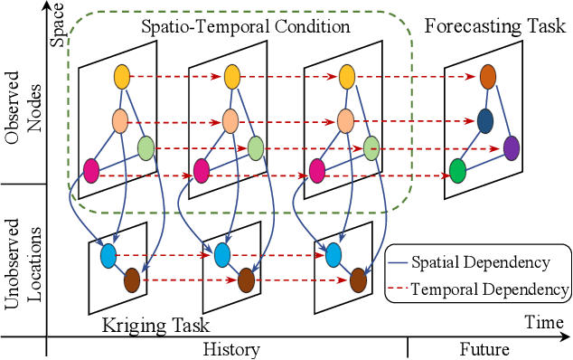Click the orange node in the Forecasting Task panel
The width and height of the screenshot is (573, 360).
(x=488, y=77)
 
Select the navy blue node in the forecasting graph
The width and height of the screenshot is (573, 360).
(x=485, y=120)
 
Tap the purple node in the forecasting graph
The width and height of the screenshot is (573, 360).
(x=512, y=147)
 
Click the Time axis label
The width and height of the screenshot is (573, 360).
(x=546, y=321)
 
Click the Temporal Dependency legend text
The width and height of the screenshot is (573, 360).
(x=489, y=290)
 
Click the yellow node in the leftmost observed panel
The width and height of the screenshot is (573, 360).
(x=122, y=78)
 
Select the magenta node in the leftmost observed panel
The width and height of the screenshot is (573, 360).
(x=91, y=169)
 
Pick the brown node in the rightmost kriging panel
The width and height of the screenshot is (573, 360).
(x=358, y=279)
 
